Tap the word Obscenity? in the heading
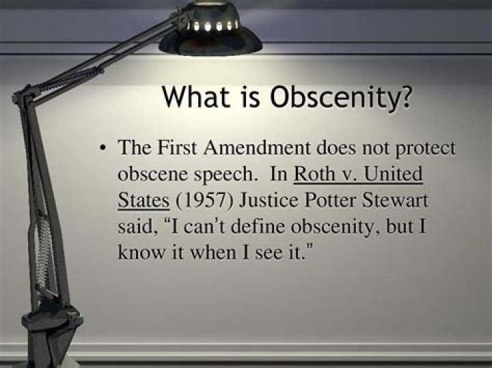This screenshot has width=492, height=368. pos(342,97)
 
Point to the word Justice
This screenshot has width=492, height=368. pos(269,200)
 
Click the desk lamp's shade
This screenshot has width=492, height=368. pos(211,31)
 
